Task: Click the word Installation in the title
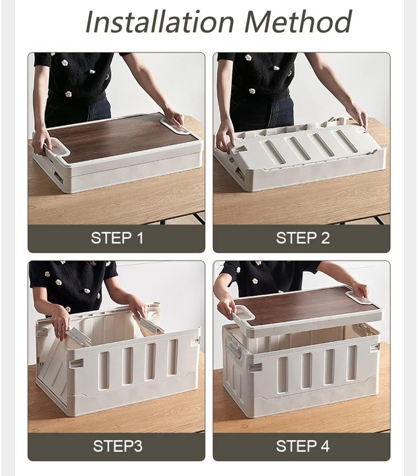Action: click(160, 21)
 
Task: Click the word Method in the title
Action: click(301, 21)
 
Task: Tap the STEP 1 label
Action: click(117, 238)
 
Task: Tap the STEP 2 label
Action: click(302, 238)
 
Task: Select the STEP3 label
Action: click(117, 446)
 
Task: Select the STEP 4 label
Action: click(302, 446)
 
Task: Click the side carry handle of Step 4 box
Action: click(233, 350)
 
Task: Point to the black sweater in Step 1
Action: click(76, 76)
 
